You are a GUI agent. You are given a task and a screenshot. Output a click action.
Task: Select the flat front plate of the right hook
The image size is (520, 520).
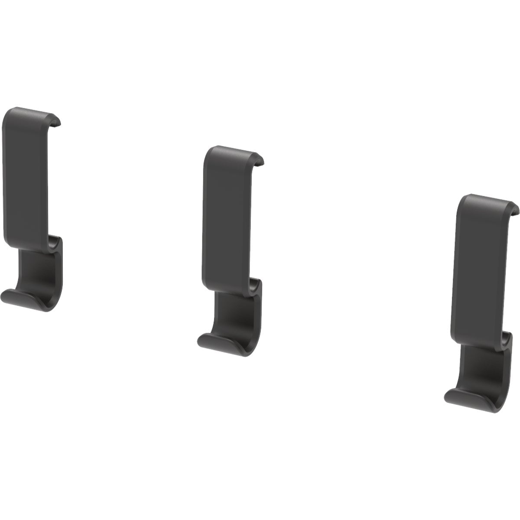[x=479, y=269]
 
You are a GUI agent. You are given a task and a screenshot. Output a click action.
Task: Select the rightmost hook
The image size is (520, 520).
[x=481, y=295]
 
